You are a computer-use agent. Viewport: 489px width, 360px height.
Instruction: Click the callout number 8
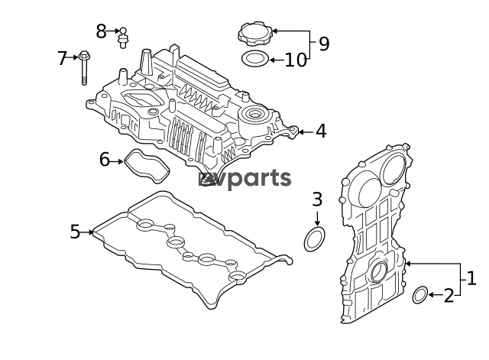click(101, 31)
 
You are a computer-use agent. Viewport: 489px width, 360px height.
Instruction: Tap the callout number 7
click(62, 58)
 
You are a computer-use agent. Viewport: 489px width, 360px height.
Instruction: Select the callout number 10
click(296, 60)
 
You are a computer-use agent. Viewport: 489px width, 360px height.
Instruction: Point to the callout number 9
click(324, 44)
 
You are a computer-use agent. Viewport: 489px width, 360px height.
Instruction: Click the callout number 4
click(321, 131)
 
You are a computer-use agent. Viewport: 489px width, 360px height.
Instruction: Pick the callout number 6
click(105, 160)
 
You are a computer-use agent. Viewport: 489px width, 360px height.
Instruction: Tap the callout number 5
click(75, 232)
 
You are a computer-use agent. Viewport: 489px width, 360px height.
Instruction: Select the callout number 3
click(317, 199)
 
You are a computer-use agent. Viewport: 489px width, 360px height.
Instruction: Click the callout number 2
click(449, 296)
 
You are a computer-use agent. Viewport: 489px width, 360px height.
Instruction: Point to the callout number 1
click(471, 278)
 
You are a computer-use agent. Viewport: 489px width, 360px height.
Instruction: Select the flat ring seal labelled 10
click(255, 59)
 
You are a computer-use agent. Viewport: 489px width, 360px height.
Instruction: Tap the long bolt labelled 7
click(83, 68)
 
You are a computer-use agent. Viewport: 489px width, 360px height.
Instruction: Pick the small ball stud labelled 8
click(123, 38)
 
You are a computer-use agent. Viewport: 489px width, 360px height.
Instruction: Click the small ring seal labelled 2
click(419, 294)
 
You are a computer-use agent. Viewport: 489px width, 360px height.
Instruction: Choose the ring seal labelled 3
click(315, 239)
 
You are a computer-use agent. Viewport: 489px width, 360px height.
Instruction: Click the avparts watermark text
click(244, 179)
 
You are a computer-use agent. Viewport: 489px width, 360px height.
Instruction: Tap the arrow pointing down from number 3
click(317, 219)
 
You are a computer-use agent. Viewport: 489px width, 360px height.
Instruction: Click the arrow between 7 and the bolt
click(72, 57)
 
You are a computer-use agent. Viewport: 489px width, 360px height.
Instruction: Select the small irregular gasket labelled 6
click(147, 166)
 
